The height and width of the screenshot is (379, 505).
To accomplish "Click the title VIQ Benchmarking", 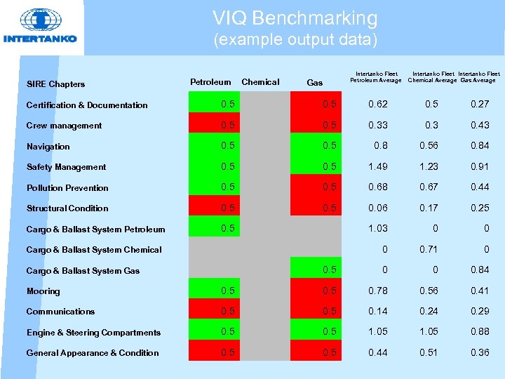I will click(x=295, y=18).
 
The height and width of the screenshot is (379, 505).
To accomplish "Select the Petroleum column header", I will click(x=210, y=82).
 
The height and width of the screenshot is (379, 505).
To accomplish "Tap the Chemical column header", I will click(x=260, y=82).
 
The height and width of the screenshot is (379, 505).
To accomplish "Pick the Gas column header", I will click(x=315, y=83).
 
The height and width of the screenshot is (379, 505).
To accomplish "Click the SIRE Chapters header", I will click(x=55, y=84).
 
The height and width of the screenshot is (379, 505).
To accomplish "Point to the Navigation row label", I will click(x=48, y=147).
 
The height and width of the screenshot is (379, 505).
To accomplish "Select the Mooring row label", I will click(x=43, y=291).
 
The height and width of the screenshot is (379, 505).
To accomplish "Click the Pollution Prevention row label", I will click(x=67, y=188).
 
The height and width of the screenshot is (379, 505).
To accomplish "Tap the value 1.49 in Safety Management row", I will click(x=378, y=166).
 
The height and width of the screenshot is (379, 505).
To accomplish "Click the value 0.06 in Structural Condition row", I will click(x=378, y=208).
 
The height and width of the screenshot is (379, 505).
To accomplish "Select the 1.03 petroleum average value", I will click(x=378, y=228).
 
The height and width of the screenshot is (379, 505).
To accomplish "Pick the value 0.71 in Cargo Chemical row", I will click(x=429, y=249).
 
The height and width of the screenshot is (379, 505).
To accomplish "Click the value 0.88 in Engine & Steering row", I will click(x=480, y=332).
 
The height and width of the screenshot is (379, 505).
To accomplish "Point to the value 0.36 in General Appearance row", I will click(x=480, y=352).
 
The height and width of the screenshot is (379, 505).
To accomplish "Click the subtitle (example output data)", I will click(x=295, y=39).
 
